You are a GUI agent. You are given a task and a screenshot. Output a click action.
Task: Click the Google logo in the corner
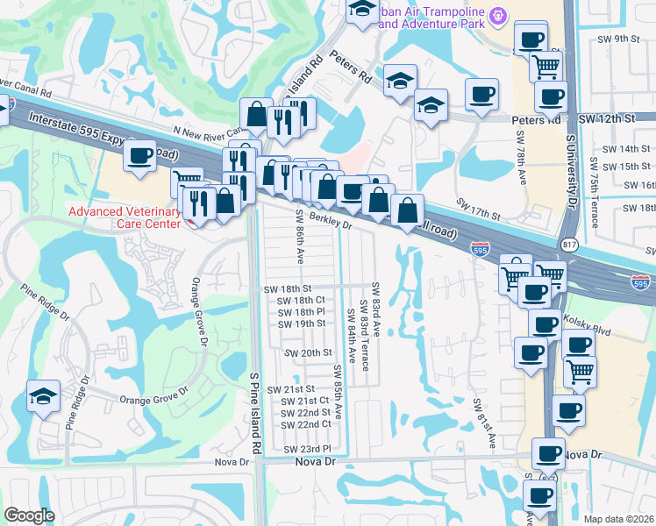coord(30,515)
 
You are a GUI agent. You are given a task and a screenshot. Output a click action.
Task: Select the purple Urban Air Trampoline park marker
coord(499,15)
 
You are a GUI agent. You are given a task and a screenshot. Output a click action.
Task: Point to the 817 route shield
coord(567,242)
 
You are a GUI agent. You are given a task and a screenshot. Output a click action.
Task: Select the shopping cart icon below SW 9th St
coord(545,66)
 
